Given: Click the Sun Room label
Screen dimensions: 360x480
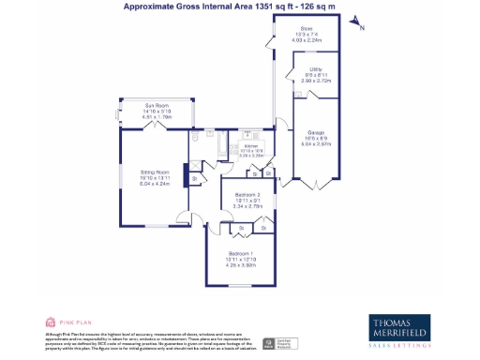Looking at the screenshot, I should (156, 105).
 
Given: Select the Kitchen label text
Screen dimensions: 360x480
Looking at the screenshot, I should (250, 146).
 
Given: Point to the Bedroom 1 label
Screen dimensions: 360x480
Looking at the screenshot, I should (241, 253).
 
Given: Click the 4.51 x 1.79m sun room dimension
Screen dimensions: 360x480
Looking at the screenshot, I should (156, 116).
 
